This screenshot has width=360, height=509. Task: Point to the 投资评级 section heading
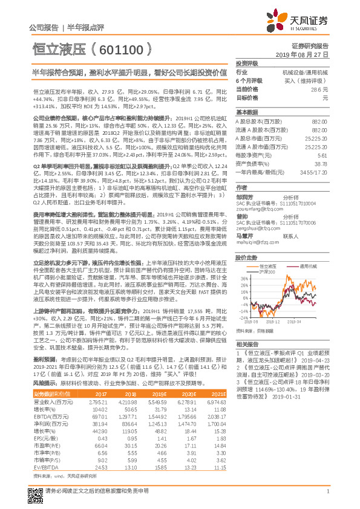click(246, 63)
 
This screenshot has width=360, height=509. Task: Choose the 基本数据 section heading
click(246, 112)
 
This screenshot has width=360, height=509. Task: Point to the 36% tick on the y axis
click(243, 279)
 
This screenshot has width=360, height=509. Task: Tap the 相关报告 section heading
click(246, 342)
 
